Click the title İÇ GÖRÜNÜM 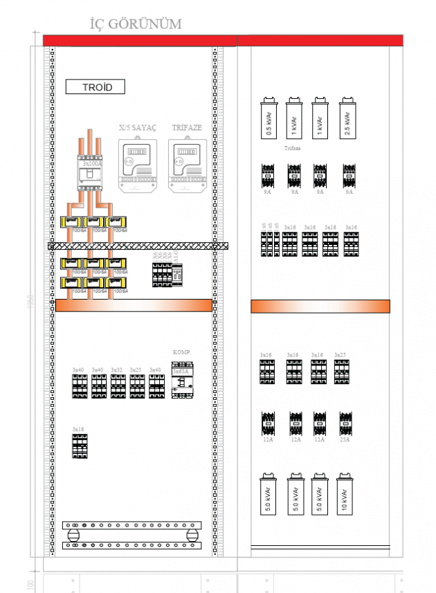click(x=136, y=24)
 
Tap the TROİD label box click(x=95, y=87)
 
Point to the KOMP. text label click(x=181, y=352)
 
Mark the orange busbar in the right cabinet click(x=320, y=307)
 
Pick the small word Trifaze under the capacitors click(x=292, y=148)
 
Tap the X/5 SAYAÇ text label click(x=138, y=128)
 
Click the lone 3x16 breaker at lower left click(x=80, y=446)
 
